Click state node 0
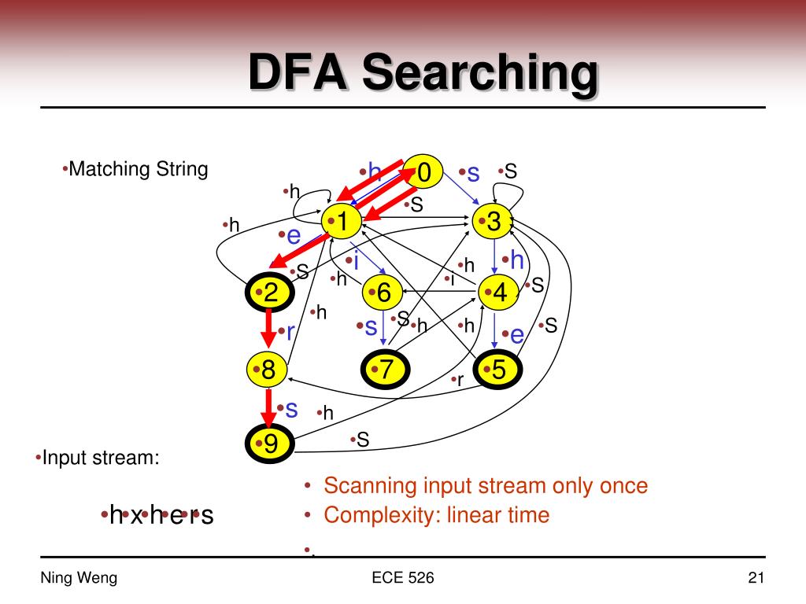coord(423,172)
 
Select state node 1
coord(341,223)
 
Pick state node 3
coord(493,223)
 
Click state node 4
coord(499,293)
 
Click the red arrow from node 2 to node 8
coord(268,330)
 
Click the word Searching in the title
coord(479,73)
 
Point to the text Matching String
coord(138,169)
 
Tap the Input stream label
coord(100,458)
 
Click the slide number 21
coord(756,579)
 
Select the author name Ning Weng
coord(79,579)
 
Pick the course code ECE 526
coord(402,579)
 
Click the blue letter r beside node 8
coord(290,332)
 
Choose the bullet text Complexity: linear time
coord(436,516)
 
